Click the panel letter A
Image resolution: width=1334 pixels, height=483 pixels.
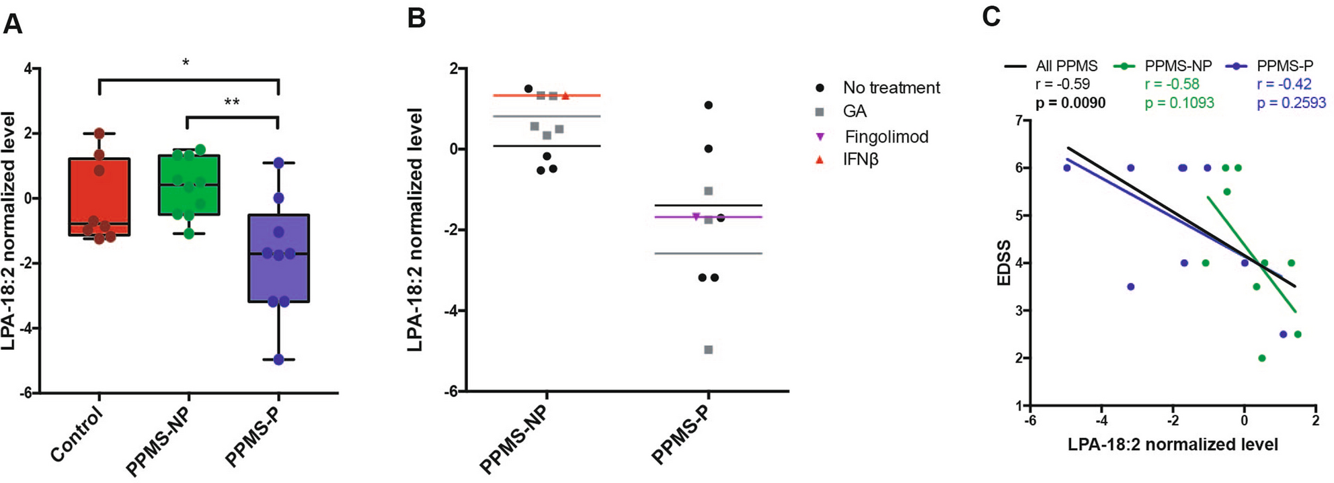pos(13,24)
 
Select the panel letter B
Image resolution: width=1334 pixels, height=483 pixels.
pos(417,18)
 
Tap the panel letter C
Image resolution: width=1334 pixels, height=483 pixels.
pos(991,16)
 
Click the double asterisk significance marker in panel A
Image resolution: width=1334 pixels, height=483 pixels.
pos(232,103)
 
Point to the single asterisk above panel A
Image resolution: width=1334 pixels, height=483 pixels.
pos(186,64)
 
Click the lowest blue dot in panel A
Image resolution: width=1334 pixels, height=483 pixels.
pos(278,359)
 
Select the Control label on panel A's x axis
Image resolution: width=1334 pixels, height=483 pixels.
pos(78,435)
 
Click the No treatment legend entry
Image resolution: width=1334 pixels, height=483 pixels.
pos(891,88)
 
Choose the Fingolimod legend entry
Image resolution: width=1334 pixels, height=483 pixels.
pos(886,137)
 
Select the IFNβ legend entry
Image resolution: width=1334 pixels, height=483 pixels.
pos(861,160)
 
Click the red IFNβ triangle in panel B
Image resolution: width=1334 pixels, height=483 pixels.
pos(565,96)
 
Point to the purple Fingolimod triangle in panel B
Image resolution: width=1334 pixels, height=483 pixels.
pos(696,216)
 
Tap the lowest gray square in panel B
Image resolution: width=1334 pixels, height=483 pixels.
pos(708,349)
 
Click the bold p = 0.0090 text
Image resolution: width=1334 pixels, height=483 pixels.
pos(1070,103)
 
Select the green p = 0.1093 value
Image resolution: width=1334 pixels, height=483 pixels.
pos(1179,103)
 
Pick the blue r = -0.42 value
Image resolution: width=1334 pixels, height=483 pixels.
pos(1284,84)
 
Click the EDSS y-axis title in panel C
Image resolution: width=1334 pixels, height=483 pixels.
pos(1004,263)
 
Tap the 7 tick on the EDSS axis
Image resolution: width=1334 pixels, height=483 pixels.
pos(1018,120)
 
